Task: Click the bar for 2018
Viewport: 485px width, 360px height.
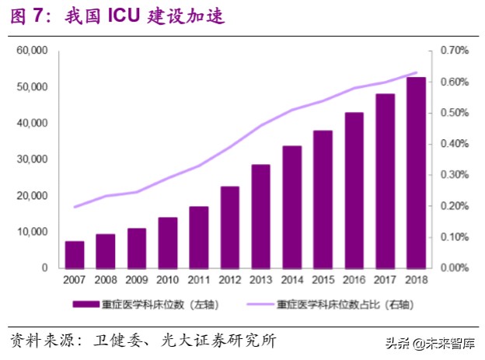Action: [416, 173]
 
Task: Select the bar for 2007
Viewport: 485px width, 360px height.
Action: [75, 254]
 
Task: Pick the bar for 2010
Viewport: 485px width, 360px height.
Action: [168, 243]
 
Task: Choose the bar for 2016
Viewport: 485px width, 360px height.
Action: [354, 190]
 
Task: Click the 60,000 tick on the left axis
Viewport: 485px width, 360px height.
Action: [33, 51]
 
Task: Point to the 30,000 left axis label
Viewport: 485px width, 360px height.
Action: [33, 159]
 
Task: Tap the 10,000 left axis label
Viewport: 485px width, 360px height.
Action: [33, 232]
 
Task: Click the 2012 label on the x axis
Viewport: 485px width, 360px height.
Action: [229, 278]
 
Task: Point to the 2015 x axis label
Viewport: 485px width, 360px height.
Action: [323, 278]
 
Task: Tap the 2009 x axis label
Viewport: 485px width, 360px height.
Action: [137, 278]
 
